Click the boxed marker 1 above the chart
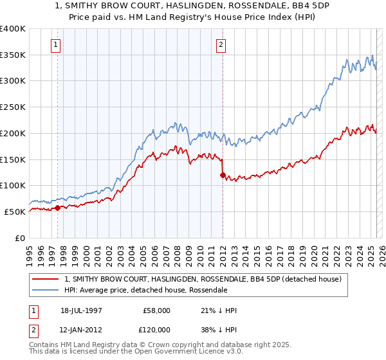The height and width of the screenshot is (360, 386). click(x=57, y=45)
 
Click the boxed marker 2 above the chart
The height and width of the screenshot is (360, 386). click(x=221, y=45)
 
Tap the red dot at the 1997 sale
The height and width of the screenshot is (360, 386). click(x=57, y=208)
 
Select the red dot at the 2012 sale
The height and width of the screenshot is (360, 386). click(x=223, y=175)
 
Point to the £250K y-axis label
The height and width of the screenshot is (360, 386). click(x=13, y=107)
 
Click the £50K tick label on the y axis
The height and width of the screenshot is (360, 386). click(x=15, y=212)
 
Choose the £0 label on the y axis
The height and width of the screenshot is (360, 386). click(x=20, y=238)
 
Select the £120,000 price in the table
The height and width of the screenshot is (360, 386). click(x=156, y=329)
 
